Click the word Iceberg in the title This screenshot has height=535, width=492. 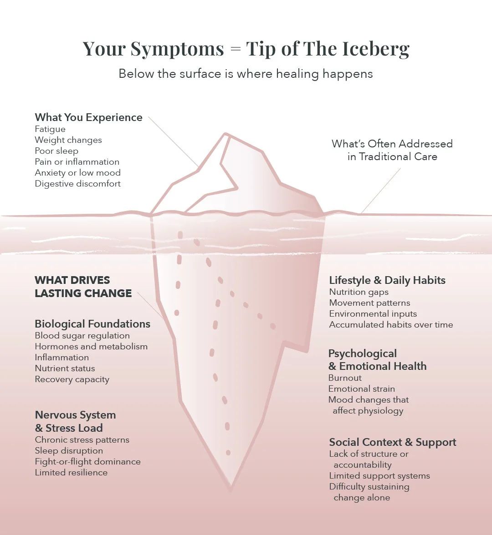(373, 49)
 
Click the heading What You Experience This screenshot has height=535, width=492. (88, 117)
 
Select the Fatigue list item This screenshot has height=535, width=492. (50, 129)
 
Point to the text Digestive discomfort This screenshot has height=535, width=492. (78, 184)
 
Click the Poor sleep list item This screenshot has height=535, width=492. (56, 151)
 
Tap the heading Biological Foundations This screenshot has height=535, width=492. (92, 324)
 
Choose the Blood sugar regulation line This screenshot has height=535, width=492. (82, 336)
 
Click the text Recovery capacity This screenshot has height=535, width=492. (72, 379)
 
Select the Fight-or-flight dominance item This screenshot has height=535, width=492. (88, 462)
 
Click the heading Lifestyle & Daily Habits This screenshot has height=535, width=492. (387, 280)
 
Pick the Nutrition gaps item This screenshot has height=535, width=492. (359, 292)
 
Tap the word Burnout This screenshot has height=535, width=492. (345, 378)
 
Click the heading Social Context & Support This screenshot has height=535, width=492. (393, 442)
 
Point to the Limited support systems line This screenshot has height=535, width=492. (379, 476)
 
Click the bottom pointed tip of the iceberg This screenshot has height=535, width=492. (231, 490)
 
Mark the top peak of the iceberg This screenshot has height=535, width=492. (225, 134)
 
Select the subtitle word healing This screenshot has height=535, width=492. (295, 74)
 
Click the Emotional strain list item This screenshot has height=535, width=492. (362, 389)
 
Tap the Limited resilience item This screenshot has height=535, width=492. (71, 473)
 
